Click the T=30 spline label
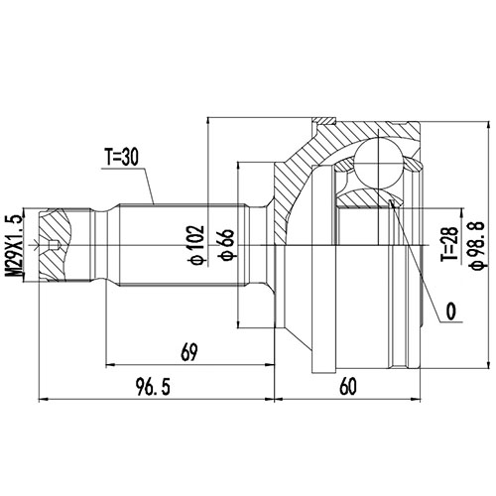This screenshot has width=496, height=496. tap(126, 157)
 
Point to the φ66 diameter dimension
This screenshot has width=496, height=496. tap(226, 241)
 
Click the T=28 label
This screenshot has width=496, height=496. tap(448, 241)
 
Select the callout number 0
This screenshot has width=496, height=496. tap(450, 311)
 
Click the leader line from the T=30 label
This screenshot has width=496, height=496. tap(152, 184)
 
